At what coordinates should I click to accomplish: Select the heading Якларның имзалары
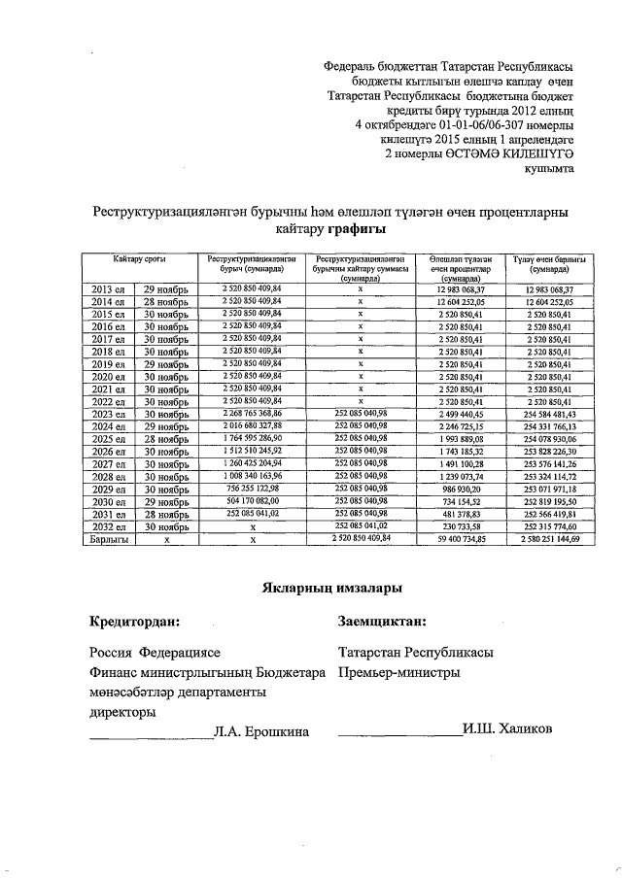tap(331, 588)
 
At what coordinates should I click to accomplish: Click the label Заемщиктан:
tap(382, 621)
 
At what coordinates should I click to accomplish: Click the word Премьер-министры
tap(398, 672)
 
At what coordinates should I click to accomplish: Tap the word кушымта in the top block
tap(548, 168)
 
